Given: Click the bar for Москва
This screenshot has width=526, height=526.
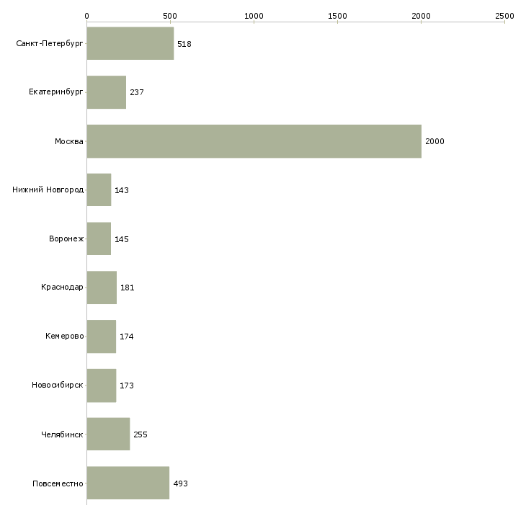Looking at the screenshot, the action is tap(254, 141).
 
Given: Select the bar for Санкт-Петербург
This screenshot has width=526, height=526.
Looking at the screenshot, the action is tap(130, 43).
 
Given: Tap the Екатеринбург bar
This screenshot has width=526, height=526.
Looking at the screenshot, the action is tap(107, 92).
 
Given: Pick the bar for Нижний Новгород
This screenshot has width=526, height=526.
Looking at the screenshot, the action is tap(99, 190).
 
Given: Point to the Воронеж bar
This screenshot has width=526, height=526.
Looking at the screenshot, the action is tap(99, 239).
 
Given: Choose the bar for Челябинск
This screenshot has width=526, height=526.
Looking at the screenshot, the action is tap(108, 434).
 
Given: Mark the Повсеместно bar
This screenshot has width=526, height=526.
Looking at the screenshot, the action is tap(128, 483).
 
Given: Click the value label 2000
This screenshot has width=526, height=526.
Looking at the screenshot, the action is tap(434, 141).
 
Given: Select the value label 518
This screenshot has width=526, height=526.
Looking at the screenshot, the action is tap(184, 44).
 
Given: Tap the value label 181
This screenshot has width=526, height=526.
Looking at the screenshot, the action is tap(127, 287).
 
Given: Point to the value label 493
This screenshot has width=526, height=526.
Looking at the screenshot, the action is tap(180, 483).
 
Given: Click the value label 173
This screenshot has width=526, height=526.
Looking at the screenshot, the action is tap(127, 385).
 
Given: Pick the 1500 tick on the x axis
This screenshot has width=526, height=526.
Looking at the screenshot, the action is tap(337, 22).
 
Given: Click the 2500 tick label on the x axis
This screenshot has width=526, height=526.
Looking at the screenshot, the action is tap(504, 16).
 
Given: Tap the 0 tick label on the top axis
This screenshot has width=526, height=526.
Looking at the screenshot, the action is tap(87, 16).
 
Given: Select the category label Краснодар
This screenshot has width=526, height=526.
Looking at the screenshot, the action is tap(62, 287).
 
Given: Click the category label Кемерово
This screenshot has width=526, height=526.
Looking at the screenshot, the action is tap(64, 336).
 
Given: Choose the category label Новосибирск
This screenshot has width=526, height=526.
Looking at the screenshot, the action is tap(58, 385).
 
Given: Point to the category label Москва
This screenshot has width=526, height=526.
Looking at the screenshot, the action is tap(68, 141).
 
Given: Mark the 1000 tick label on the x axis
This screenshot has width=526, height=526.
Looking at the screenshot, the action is tap(254, 16).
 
